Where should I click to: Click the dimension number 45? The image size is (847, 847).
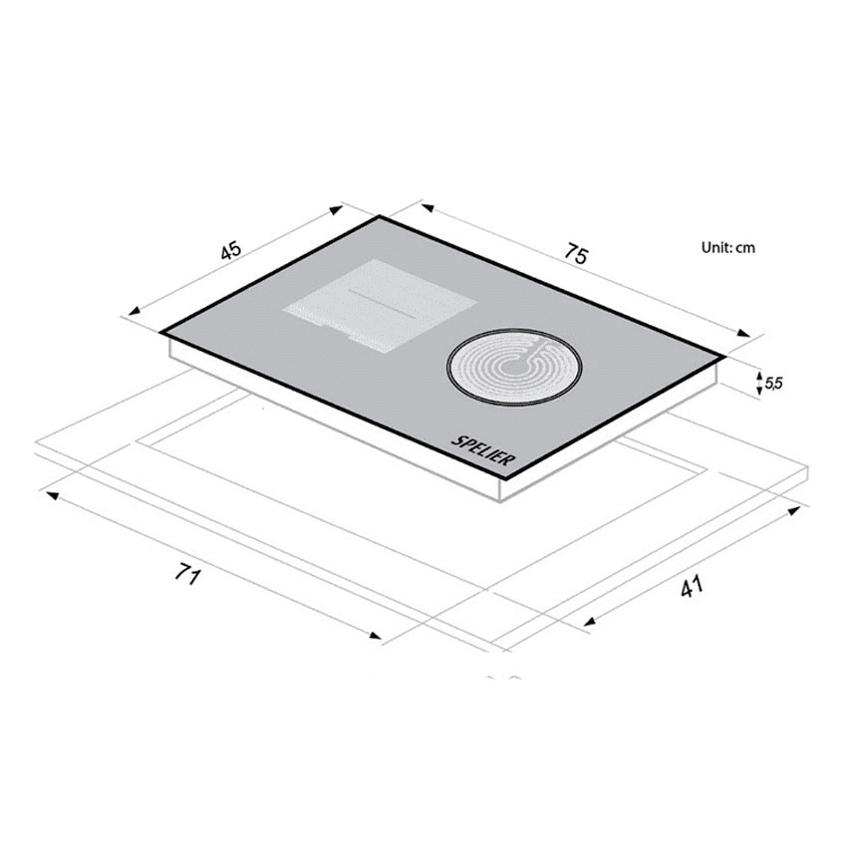coord(230,251)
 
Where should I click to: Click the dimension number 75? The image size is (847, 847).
coord(576,254)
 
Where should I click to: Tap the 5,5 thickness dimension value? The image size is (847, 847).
coord(773,384)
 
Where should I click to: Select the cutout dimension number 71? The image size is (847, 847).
coord(187,574)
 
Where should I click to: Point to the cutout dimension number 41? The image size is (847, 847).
coord(692,586)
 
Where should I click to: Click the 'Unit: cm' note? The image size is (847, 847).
coord(727,247)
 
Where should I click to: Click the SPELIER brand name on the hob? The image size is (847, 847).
coord(483,450)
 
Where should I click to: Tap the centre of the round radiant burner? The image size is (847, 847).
coord(514,365)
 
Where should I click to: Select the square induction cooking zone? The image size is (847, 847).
coord(381,306)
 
